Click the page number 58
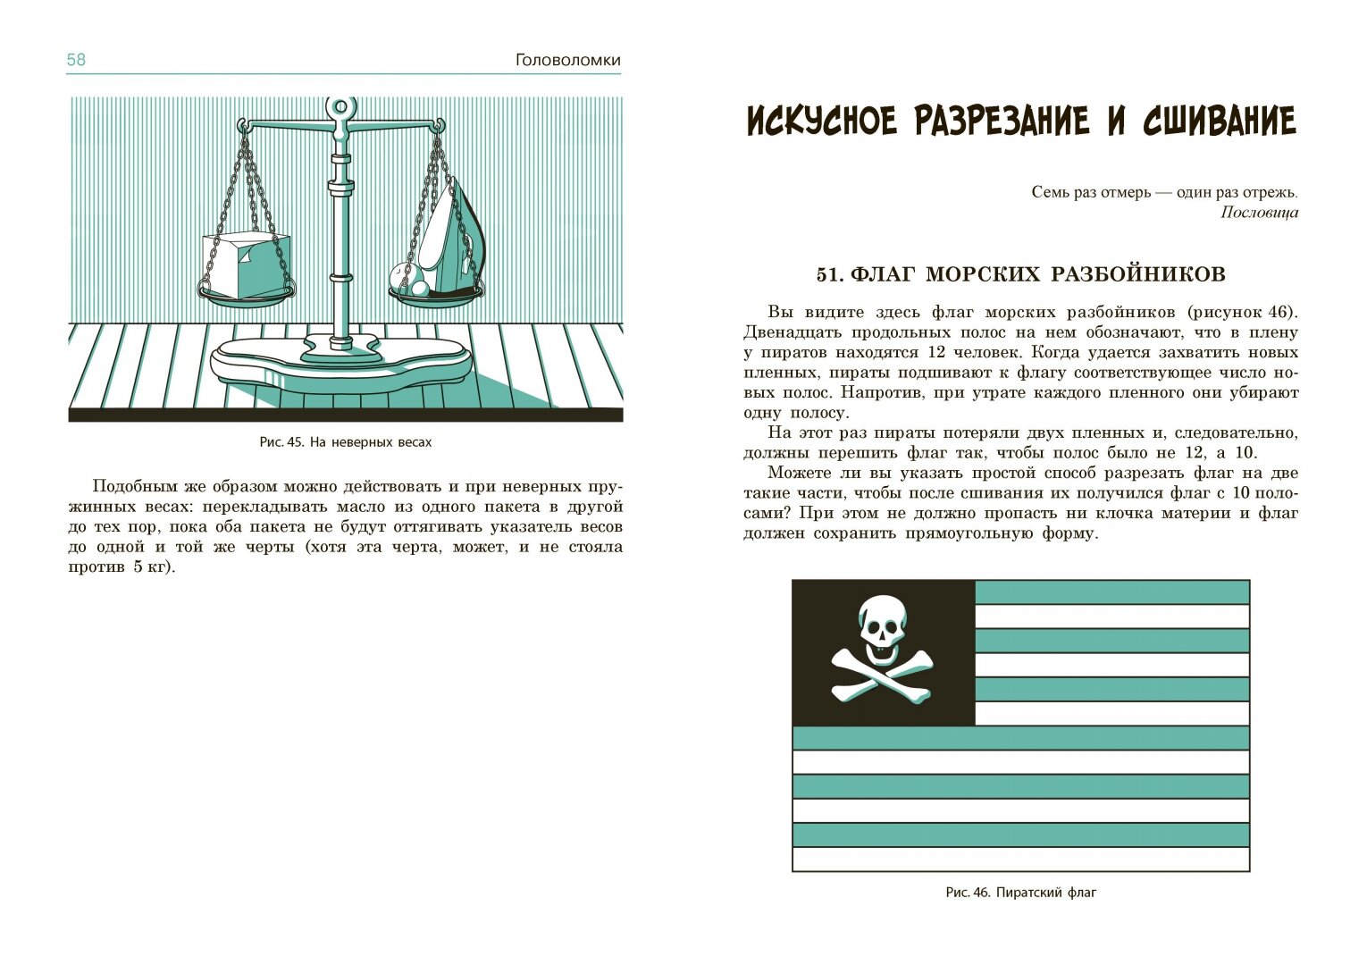click(x=76, y=61)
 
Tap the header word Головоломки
click(x=567, y=61)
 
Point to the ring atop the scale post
click(x=340, y=108)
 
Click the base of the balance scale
click(x=340, y=361)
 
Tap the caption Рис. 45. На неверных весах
click(x=345, y=442)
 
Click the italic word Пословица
click(x=1259, y=213)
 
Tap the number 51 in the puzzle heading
click(x=828, y=274)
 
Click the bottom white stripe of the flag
click(x=1020, y=859)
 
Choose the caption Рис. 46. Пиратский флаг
click(x=1020, y=893)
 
